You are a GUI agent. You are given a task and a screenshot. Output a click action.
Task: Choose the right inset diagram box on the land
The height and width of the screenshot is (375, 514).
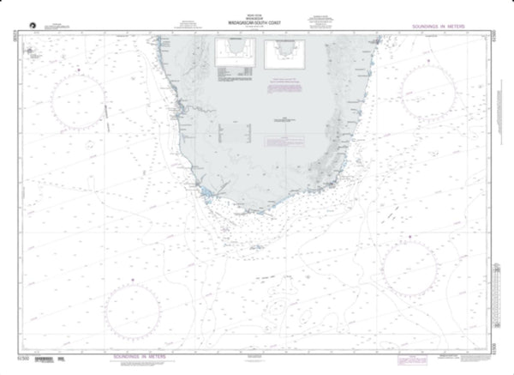(285, 56)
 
